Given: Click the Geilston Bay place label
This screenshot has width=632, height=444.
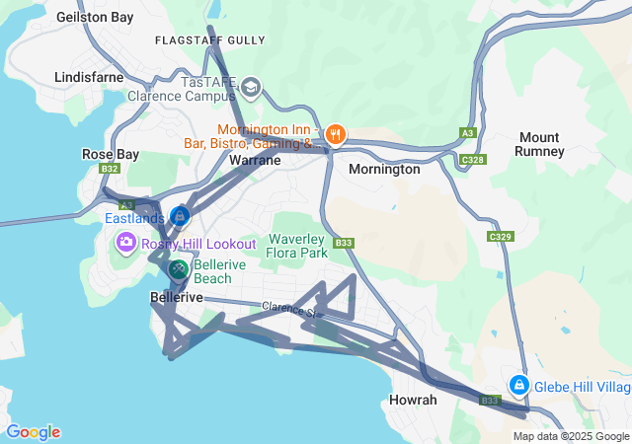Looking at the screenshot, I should coord(95,17).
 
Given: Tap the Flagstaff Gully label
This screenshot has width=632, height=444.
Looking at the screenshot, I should coord(210,40).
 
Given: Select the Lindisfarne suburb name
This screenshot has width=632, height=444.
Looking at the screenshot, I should coord(89,76).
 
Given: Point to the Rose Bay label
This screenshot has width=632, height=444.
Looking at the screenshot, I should coord(111,155).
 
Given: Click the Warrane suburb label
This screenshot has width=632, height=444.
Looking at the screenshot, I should coord(255,159).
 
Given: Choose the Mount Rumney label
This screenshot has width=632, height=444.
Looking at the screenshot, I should coord(539,144).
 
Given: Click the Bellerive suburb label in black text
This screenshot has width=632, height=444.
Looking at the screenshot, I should coord(177,297).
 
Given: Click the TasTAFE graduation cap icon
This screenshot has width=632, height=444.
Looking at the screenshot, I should coord(251,88).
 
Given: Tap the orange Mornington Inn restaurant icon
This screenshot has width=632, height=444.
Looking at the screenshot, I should coord(336,134).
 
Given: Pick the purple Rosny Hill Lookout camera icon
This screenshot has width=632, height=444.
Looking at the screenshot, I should coord(126,242).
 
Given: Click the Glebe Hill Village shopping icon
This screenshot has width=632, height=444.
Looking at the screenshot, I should coord(518,384).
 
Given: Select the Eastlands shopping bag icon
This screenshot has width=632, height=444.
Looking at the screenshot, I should coord(180,216).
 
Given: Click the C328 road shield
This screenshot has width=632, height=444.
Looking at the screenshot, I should coord(472,159).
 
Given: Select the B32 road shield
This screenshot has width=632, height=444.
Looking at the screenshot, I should coord(110,169).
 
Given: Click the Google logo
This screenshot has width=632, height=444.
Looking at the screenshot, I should coord(33,432).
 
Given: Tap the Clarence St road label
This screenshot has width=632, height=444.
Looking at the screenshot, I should coord(286,310).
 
